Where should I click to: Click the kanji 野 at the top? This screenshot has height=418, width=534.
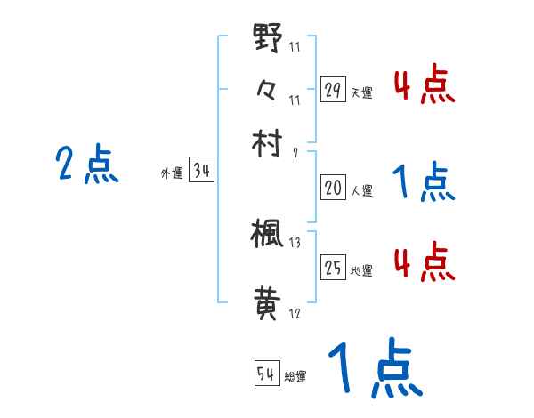[268, 40]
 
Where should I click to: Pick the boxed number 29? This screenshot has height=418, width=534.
[333, 90]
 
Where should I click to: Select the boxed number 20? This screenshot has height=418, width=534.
[333, 188]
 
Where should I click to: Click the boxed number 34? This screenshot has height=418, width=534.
[201, 172]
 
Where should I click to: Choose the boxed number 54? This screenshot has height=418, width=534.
[266, 374]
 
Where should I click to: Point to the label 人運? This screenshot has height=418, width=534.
[362, 190]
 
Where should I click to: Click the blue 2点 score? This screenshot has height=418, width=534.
[87, 165]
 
